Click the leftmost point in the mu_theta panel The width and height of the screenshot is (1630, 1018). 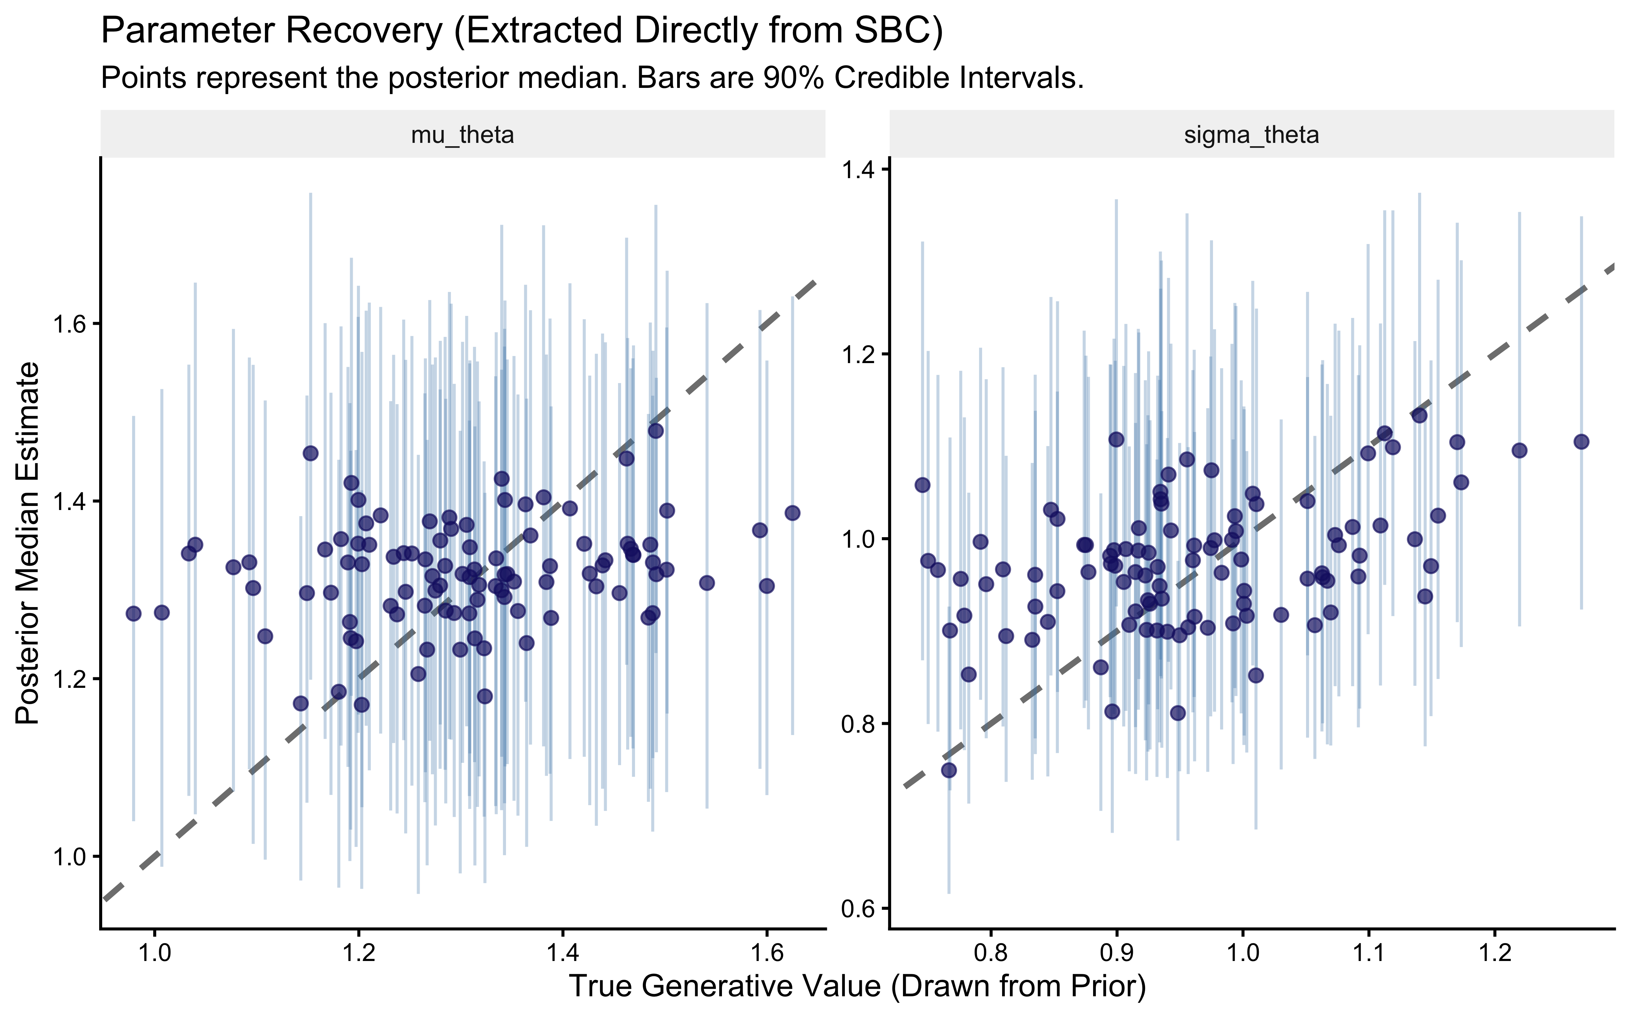tap(133, 614)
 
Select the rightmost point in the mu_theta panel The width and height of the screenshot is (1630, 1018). tap(792, 513)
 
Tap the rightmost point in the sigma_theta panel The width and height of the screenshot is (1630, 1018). tap(1581, 442)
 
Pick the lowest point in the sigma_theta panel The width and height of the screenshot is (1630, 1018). tap(948, 770)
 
